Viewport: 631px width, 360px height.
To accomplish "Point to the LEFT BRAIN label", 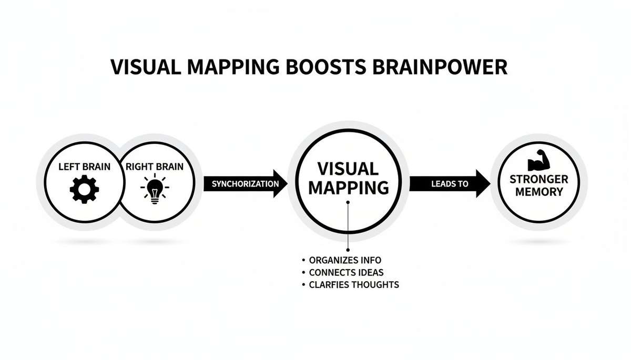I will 84,167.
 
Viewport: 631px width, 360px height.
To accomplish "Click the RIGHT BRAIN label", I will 155,167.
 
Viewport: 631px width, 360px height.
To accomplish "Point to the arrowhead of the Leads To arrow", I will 482,183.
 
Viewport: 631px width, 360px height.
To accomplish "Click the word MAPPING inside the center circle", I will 348,188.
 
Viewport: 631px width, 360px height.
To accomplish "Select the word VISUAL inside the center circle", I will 348,169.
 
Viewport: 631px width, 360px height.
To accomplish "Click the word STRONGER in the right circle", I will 538,180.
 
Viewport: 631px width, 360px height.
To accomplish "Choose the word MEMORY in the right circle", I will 538,192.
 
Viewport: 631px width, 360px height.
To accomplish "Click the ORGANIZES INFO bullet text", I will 345,260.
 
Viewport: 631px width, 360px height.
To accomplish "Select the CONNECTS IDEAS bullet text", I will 346,272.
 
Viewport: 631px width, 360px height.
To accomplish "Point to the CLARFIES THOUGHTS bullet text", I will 354,285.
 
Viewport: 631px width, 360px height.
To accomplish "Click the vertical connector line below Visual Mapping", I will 348,226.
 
